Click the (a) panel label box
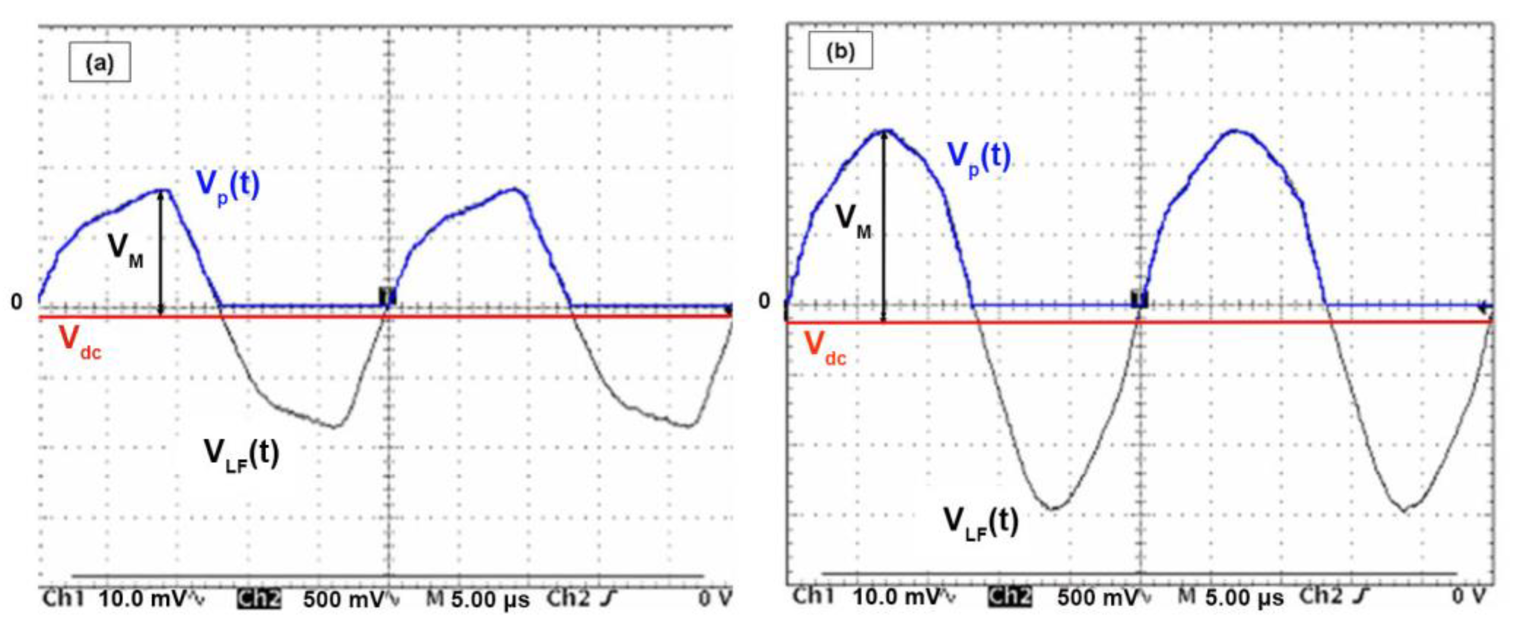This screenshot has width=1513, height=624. [99, 62]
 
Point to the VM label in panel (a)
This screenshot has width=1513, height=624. [125, 250]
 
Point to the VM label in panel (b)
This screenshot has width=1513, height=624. [853, 221]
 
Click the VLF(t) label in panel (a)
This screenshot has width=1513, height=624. [241, 454]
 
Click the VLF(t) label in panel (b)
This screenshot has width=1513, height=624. [980, 522]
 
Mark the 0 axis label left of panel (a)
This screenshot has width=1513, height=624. [17, 301]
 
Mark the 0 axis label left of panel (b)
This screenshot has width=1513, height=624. [763, 301]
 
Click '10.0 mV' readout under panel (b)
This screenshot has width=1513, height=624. [901, 597]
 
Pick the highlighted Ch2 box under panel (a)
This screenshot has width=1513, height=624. [259, 599]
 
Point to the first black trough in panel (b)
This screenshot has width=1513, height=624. [1054, 508]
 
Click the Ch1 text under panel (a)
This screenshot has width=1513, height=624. [63, 599]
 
